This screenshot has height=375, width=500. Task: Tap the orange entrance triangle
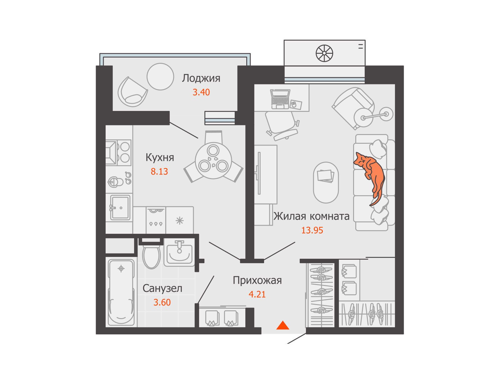pos(283,326)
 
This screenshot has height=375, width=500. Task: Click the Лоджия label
pos(201,78)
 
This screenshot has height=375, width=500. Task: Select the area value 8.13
pos(159,172)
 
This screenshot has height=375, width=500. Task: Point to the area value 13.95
pos(312,230)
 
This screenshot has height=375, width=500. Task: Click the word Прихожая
pos(257,281)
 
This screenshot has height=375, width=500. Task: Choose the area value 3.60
pos(162,302)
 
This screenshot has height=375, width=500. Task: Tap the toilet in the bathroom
pos(151,254)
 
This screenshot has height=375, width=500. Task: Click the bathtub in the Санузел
pos(121,292)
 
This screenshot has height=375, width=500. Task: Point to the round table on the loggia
pos(160,77)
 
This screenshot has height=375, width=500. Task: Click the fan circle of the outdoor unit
pos(324,53)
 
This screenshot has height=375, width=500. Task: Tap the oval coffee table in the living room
pos(326,182)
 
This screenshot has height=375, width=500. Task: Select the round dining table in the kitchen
pos(213,161)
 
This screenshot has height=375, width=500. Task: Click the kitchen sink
pos(120,207)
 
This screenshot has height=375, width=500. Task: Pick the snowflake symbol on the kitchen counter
pos(179,221)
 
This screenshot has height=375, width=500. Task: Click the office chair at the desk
pos(282,125)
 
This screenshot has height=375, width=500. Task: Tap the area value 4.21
pos(257,294)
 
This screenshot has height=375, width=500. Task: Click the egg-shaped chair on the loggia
pos(132,92)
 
